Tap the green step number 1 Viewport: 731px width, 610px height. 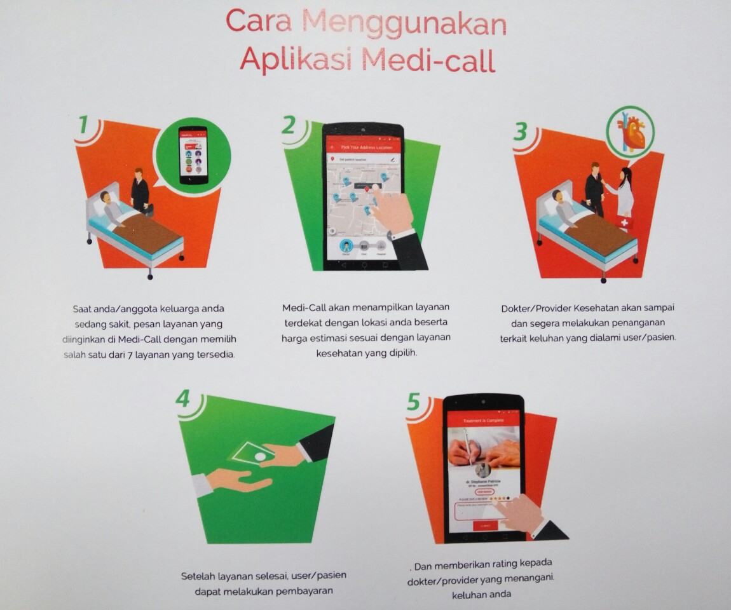point(83,125)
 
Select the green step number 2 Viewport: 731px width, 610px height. point(289,125)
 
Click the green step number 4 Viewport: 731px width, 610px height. point(184,399)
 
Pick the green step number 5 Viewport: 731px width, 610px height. point(414,402)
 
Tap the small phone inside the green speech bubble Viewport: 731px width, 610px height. point(193,154)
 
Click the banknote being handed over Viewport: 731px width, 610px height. point(252,452)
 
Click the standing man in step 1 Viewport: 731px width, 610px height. point(140,191)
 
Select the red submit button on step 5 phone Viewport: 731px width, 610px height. point(485,525)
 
